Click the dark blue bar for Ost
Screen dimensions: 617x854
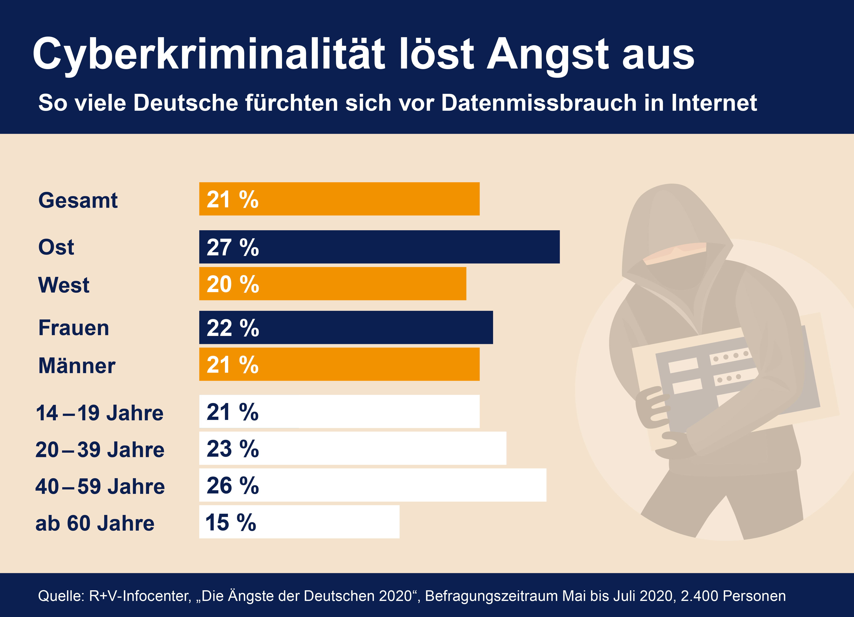click(x=379, y=247)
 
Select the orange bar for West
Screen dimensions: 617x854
click(x=332, y=284)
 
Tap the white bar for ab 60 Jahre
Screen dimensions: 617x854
click(x=299, y=522)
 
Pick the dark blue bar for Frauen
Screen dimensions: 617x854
click(x=346, y=327)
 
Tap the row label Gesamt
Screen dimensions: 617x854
click(x=78, y=200)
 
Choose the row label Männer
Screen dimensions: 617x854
click(x=77, y=365)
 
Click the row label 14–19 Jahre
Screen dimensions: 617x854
click(x=99, y=413)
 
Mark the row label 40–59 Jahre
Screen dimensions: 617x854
click(x=100, y=486)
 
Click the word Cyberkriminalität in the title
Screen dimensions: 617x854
click(x=208, y=55)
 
